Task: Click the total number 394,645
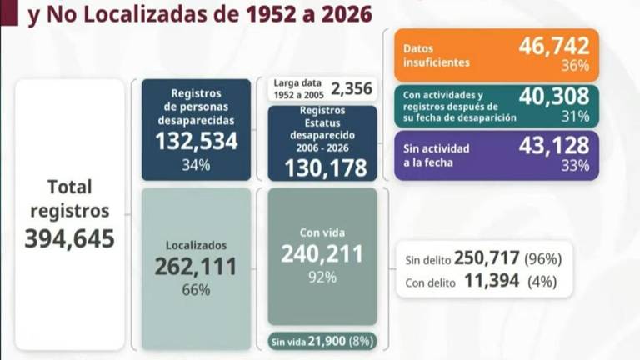[69, 239]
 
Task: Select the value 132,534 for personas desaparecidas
[197, 141]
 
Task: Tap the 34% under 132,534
[197, 164]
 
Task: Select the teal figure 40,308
[554, 97]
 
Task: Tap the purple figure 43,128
[554, 145]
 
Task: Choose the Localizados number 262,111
[196, 266]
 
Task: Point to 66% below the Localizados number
[196, 290]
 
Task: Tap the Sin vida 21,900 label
[322, 341]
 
